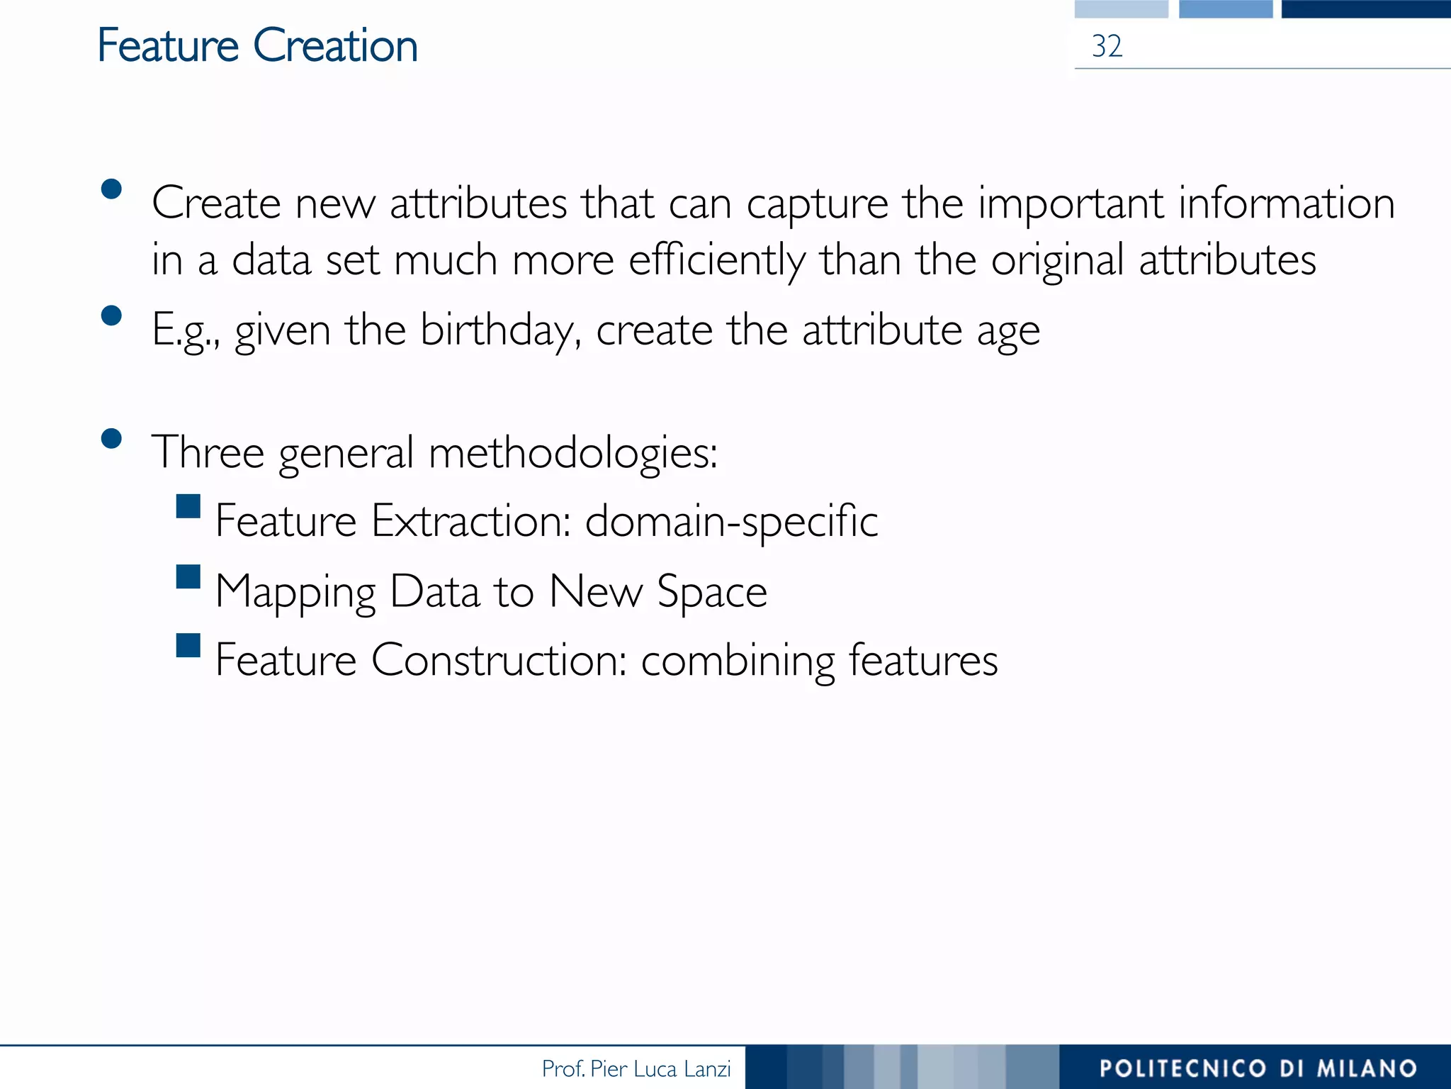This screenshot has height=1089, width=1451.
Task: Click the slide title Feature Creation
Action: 257,46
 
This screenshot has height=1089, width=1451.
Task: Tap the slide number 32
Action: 1107,47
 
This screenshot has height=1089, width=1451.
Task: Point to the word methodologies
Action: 572,452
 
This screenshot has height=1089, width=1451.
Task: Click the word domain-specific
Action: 732,522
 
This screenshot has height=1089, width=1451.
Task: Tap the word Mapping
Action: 295,592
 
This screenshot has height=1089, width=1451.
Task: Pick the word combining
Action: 738,661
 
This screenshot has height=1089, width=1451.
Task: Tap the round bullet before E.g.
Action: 111,315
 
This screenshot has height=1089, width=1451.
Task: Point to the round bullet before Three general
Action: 111,438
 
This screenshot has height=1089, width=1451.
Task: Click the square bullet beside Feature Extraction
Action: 188,507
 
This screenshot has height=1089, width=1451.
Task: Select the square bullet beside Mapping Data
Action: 188,576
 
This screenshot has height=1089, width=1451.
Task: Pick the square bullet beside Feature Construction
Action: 188,645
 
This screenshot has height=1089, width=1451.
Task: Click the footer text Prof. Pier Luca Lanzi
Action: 636,1068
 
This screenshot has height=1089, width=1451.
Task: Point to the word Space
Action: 712,592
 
